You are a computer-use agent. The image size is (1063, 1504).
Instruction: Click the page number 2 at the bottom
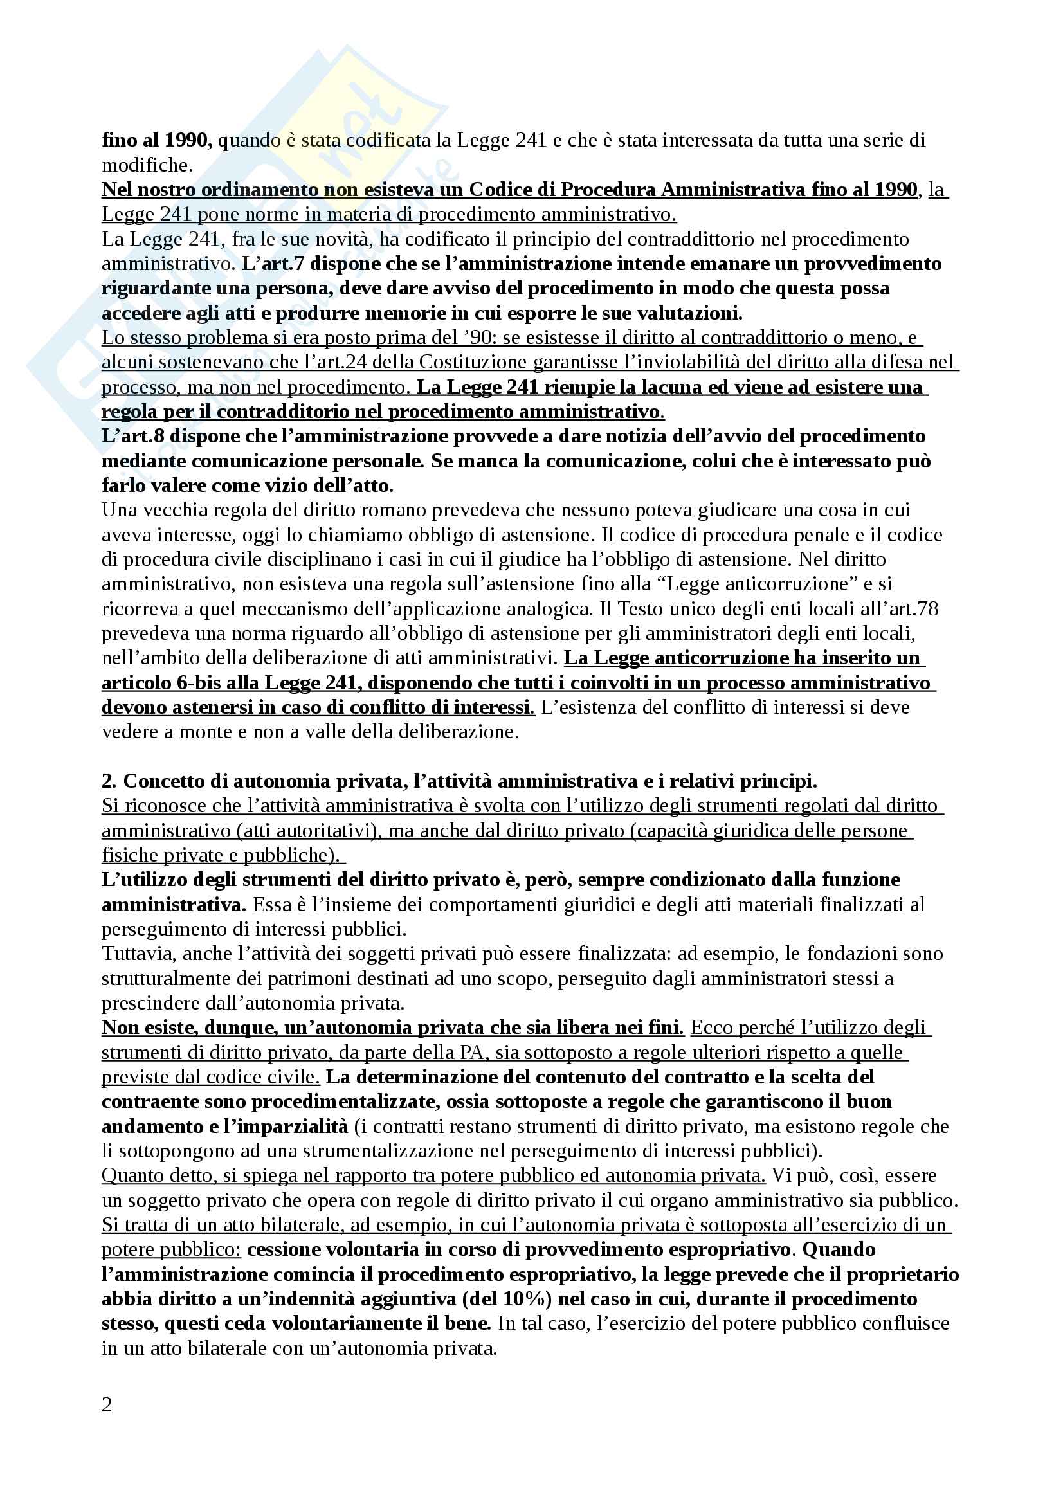click(x=107, y=1404)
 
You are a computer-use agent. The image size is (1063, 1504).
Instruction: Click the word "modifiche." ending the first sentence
click(x=147, y=165)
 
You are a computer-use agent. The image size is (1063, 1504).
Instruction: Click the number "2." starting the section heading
click(x=109, y=781)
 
